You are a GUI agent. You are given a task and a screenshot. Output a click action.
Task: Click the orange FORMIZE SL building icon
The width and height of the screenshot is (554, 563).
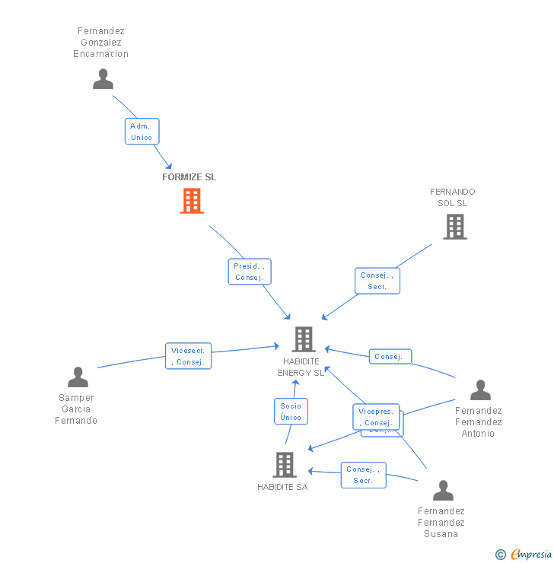[x=192, y=201]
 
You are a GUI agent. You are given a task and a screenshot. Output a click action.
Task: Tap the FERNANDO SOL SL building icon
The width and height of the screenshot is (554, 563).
[x=455, y=226]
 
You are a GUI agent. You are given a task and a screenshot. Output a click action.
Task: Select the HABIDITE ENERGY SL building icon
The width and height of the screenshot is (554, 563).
[x=303, y=339]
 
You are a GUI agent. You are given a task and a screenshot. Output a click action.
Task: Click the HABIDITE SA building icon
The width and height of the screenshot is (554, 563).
[x=284, y=464]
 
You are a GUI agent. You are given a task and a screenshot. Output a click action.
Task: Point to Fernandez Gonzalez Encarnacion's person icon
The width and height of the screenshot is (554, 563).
[x=103, y=78]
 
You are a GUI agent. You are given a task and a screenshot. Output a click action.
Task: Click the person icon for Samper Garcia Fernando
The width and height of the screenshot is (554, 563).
[x=78, y=377]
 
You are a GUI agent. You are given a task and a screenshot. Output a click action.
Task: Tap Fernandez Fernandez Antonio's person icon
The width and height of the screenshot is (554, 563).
[x=480, y=390]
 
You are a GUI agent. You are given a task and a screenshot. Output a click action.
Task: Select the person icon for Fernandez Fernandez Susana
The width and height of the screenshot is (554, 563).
[x=443, y=490]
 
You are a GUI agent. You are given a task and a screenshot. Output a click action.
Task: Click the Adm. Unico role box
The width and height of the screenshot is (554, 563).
[x=142, y=132]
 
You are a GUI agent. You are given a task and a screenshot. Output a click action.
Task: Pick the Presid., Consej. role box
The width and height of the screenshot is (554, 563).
[x=249, y=272]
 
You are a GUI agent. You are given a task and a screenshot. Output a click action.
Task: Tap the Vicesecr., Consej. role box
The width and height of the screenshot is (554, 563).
[x=188, y=356]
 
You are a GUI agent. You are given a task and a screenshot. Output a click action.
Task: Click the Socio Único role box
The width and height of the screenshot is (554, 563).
[x=291, y=412]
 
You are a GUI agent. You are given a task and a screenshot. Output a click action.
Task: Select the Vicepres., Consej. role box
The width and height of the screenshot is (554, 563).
[x=375, y=417]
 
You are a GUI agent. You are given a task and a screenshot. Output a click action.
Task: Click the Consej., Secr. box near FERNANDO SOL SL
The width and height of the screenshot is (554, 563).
[x=377, y=281]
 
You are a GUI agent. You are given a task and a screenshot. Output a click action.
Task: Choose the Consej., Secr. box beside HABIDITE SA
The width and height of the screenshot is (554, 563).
[x=363, y=475]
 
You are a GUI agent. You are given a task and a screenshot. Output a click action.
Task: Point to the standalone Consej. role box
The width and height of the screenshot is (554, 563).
[x=391, y=356]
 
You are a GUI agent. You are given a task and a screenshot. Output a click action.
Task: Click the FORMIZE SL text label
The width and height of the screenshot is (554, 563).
[x=189, y=177]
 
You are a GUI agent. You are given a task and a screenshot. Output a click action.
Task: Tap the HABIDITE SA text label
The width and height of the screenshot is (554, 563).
[x=282, y=487]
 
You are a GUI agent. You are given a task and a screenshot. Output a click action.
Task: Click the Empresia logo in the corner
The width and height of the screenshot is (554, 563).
[x=524, y=554]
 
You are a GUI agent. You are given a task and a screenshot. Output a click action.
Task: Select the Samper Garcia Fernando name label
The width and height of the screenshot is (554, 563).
[x=76, y=409]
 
